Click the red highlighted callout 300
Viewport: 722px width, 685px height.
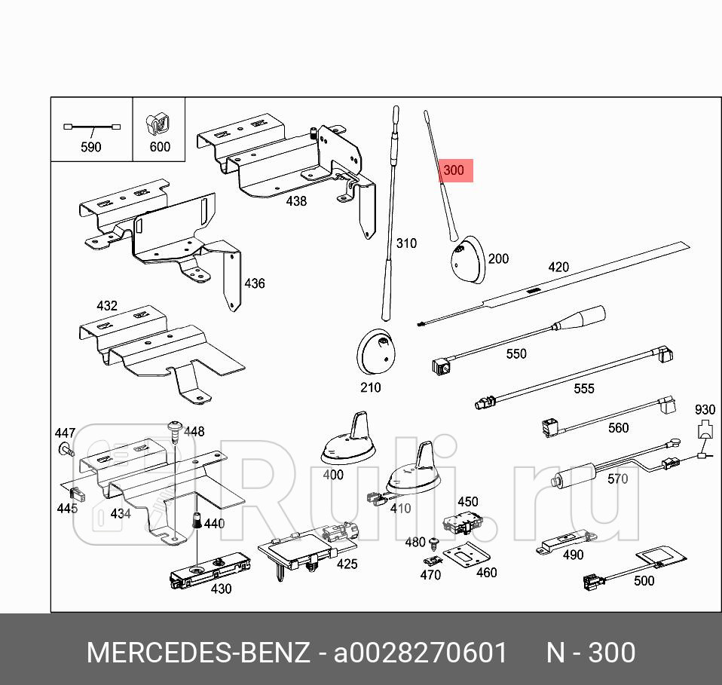point(454,170)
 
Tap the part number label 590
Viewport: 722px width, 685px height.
point(90,147)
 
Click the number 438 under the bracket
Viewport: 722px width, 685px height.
point(296,201)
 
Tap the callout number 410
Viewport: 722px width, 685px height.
point(400,508)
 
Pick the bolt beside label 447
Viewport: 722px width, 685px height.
point(65,451)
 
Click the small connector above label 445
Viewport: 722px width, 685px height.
point(75,494)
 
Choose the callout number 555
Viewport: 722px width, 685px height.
point(583,389)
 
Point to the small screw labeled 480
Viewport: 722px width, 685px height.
point(434,543)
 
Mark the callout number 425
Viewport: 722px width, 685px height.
point(347,564)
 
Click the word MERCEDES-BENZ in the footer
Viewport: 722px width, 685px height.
point(198,653)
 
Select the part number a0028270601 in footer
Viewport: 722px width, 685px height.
point(421,653)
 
